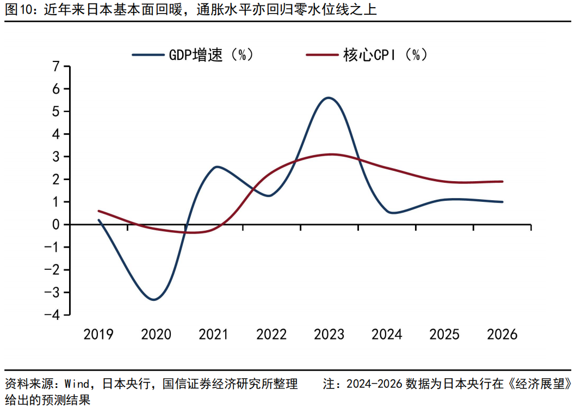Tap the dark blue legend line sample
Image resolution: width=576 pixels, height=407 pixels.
pyautogui.click(x=147, y=54)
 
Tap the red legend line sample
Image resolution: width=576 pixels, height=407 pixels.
pyautogui.click(x=321, y=54)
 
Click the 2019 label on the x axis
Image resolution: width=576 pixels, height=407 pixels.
pyautogui.click(x=98, y=334)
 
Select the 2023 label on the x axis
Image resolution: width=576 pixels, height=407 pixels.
pyautogui.click(x=330, y=334)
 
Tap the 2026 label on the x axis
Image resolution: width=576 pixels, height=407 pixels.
pyautogui.click(x=503, y=334)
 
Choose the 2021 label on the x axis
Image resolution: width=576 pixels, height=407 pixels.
pyautogui.click(x=214, y=334)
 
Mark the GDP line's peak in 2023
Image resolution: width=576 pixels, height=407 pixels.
pyautogui.click(x=329, y=98)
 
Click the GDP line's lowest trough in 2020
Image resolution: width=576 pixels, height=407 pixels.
pyautogui.click(x=154, y=299)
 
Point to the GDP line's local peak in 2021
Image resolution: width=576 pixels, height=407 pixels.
pyautogui.click(x=216, y=166)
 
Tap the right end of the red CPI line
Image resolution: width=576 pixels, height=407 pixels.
pyautogui.click(x=502, y=182)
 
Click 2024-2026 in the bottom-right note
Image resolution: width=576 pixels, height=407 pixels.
pyautogui.click(x=373, y=384)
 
